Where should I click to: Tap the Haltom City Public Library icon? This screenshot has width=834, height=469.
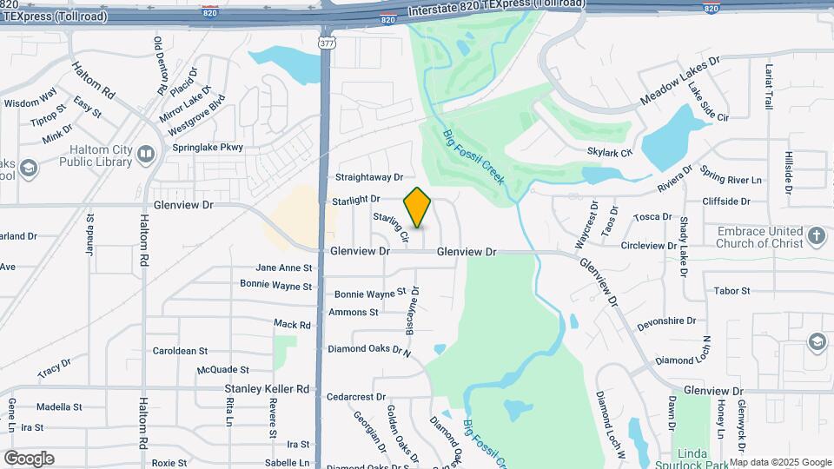(146, 154)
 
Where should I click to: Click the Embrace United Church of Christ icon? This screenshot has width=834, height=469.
(816, 235)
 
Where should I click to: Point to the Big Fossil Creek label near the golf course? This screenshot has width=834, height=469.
(473, 157)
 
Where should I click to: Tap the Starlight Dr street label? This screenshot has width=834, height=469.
(356, 201)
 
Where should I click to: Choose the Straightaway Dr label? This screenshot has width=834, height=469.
(370, 177)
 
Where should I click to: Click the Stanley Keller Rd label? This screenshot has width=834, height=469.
(267, 389)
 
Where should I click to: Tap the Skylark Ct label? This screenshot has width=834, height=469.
(610, 152)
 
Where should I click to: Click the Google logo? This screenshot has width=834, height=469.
(29, 459)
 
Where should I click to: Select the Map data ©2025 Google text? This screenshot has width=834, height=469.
(780, 462)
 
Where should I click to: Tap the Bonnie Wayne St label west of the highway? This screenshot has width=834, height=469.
(275, 286)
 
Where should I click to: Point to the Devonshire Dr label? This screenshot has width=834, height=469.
(666, 321)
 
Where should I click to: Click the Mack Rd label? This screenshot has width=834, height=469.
(292, 324)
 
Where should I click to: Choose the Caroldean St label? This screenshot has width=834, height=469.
(180, 352)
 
